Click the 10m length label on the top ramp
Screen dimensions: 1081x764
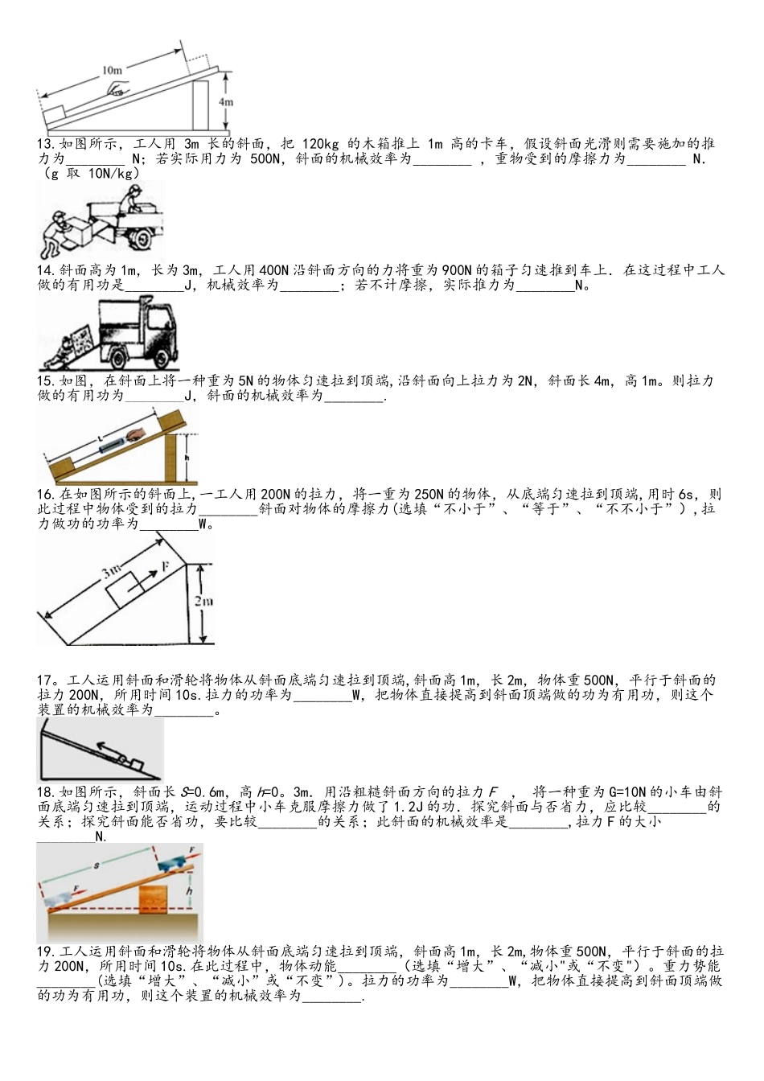click(x=113, y=70)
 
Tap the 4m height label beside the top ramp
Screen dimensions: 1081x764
click(x=226, y=102)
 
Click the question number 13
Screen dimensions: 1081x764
click(x=45, y=144)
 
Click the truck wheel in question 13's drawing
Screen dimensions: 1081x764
click(x=142, y=239)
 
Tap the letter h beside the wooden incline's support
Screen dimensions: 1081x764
click(x=187, y=456)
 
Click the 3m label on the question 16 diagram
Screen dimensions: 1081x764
click(x=111, y=572)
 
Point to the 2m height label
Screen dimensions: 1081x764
click(x=203, y=601)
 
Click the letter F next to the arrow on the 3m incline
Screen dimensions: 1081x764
click(x=165, y=567)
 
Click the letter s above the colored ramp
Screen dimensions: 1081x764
click(x=97, y=866)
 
